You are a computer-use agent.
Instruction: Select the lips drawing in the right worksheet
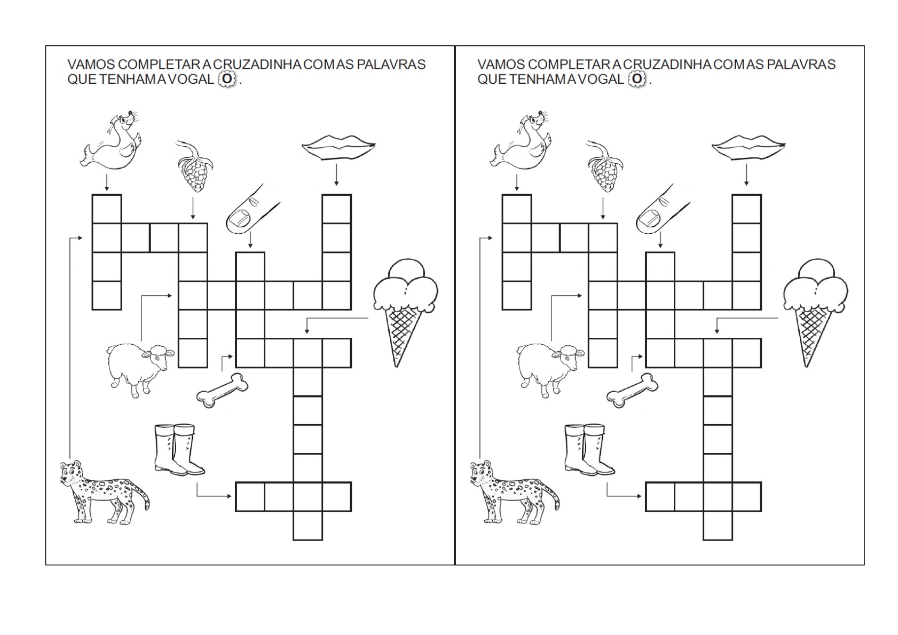point(749,147)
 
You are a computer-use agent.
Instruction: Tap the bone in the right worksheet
point(632,390)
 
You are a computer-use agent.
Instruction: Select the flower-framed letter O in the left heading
point(227,79)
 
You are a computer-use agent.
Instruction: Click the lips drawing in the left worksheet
point(338,147)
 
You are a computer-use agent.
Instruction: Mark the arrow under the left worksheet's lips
point(336,174)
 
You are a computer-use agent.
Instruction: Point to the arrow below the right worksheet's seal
point(517,182)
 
